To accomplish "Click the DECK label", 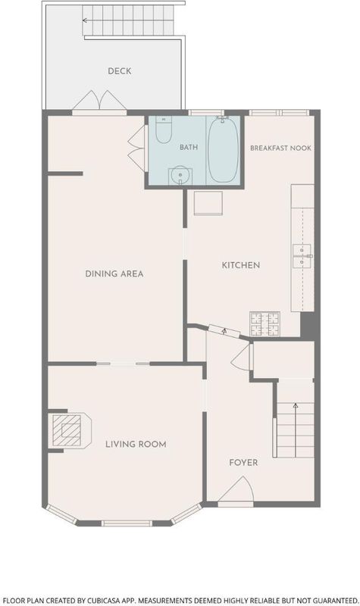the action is [120, 71].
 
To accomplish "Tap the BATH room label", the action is [189, 147].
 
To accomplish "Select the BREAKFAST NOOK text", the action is [280, 148].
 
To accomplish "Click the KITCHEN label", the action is [240, 265].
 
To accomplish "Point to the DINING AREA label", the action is [114, 274].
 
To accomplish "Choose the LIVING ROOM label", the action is [136, 445].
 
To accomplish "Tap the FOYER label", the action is [243, 463].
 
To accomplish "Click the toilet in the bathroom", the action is [164, 130].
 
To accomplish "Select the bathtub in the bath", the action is [223, 149].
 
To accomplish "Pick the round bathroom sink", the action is [180, 176].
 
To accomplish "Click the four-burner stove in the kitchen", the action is [265, 324].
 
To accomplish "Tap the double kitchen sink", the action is [302, 256].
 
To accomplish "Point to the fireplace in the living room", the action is [70, 430].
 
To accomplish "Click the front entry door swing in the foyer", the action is [236, 489].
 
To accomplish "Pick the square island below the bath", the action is [208, 203].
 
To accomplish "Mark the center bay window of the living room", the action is [127, 523].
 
